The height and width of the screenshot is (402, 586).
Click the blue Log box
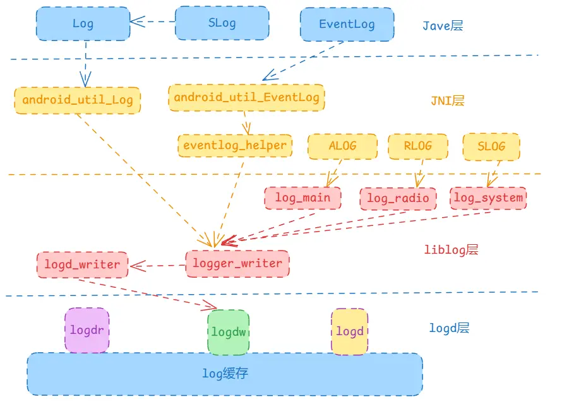[x=83, y=23]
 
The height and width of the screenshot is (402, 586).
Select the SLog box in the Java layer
[x=222, y=23]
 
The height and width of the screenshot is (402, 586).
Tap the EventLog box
[x=347, y=24]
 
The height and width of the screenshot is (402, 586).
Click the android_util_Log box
[x=78, y=100]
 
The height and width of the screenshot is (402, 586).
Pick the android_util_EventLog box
[x=246, y=97]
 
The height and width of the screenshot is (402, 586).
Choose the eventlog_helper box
[x=235, y=145]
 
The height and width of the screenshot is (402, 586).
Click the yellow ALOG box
[x=342, y=146]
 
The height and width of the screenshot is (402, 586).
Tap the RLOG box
[x=418, y=146]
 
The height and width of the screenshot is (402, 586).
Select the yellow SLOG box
[x=491, y=146]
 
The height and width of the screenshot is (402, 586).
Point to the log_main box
[x=303, y=198]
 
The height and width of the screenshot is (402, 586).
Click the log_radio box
[x=398, y=198]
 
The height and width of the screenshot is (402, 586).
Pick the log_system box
[x=488, y=198]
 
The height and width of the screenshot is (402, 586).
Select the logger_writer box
[x=237, y=263]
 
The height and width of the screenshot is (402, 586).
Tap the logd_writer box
[x=83, y=264]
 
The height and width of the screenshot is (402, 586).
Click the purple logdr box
[x=87, y=330]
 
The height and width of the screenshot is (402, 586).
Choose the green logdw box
[x=229, y=332]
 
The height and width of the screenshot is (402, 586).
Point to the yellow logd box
[x=349, y=331]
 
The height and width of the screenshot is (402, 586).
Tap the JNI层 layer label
[x=447, y=100]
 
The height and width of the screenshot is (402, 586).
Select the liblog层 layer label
[x=451, y=249]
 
